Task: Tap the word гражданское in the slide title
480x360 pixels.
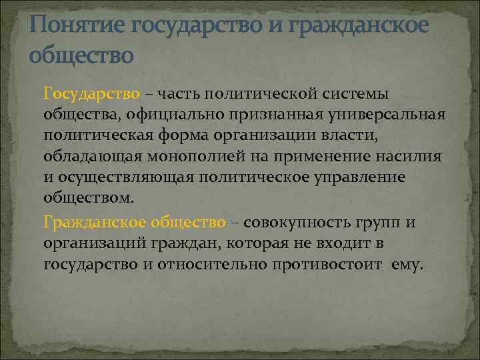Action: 360,25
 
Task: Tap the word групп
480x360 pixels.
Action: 377,222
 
